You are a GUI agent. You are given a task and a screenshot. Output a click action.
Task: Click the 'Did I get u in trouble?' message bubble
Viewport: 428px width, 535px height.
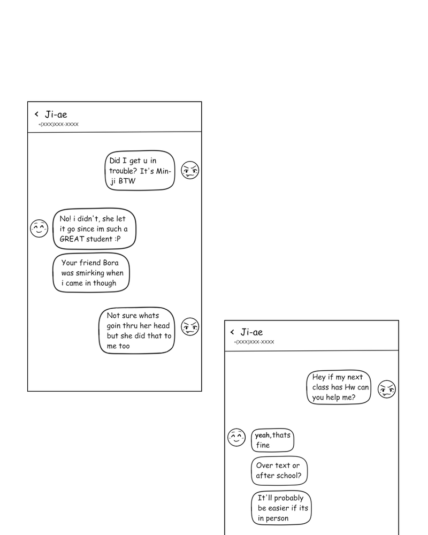tap(140, 170)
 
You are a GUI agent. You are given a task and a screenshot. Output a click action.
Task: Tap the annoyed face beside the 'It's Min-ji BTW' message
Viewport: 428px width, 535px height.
tap(190, 170)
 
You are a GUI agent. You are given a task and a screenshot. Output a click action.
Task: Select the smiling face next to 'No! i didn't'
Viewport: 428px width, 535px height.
tap(39, 228)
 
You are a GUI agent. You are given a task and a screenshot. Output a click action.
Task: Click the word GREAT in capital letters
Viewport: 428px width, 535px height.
tap(71, 239)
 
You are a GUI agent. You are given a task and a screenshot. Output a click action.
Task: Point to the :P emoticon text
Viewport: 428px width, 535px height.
tap(117, 239)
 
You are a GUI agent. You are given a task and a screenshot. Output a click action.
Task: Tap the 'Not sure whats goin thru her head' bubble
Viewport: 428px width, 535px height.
tap(137, 331)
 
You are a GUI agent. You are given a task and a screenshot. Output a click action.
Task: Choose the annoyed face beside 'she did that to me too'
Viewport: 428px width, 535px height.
tap(190, 326)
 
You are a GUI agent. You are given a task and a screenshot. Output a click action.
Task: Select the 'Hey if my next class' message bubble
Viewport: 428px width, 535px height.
tap(339, 387)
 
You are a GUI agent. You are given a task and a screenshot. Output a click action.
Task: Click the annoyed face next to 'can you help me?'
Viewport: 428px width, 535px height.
tap(386, 389)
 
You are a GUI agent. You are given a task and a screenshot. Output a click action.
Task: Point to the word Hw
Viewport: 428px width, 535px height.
tap(349, 387)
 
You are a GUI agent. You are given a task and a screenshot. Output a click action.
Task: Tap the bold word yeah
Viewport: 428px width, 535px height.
tap(262, 435)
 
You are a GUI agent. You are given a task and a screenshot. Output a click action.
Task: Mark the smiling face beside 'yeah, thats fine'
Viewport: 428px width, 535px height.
tap(236, 437)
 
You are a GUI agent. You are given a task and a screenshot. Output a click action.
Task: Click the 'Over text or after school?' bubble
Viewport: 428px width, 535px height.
tap(279, 470)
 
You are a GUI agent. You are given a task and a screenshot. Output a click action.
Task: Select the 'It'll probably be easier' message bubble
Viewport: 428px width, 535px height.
tap(281, 508)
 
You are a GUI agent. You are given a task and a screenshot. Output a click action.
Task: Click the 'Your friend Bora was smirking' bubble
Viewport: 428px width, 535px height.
tap(91, 273)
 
